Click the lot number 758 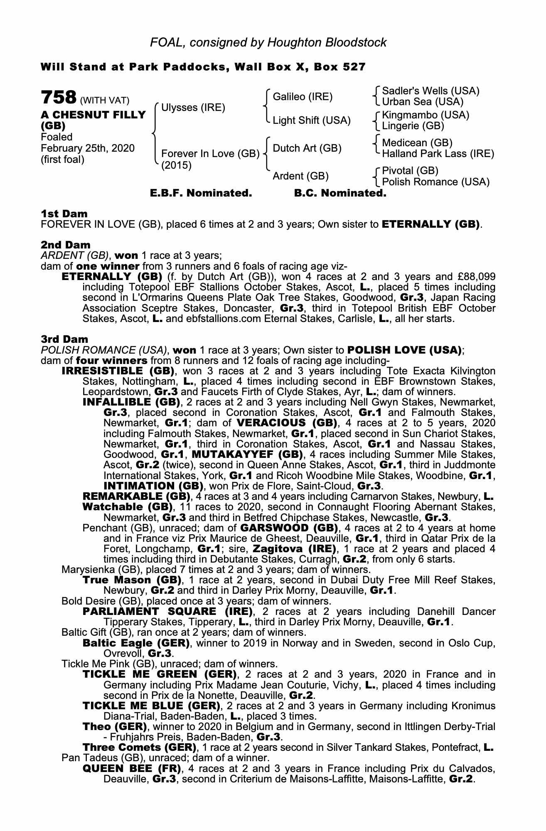58,98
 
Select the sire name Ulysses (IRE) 193,108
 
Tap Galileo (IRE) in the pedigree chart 303,97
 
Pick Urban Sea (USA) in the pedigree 423,102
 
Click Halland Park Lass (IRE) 438,154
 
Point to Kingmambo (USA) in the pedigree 425,115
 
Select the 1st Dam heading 64,214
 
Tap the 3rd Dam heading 65,339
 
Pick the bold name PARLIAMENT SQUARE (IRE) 168,612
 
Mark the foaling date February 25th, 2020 88,148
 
